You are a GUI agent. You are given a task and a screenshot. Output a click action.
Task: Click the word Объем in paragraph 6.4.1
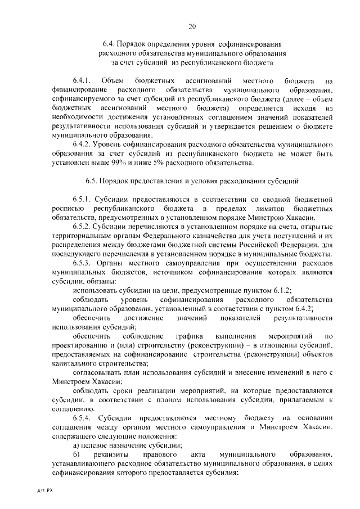(119, 81)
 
